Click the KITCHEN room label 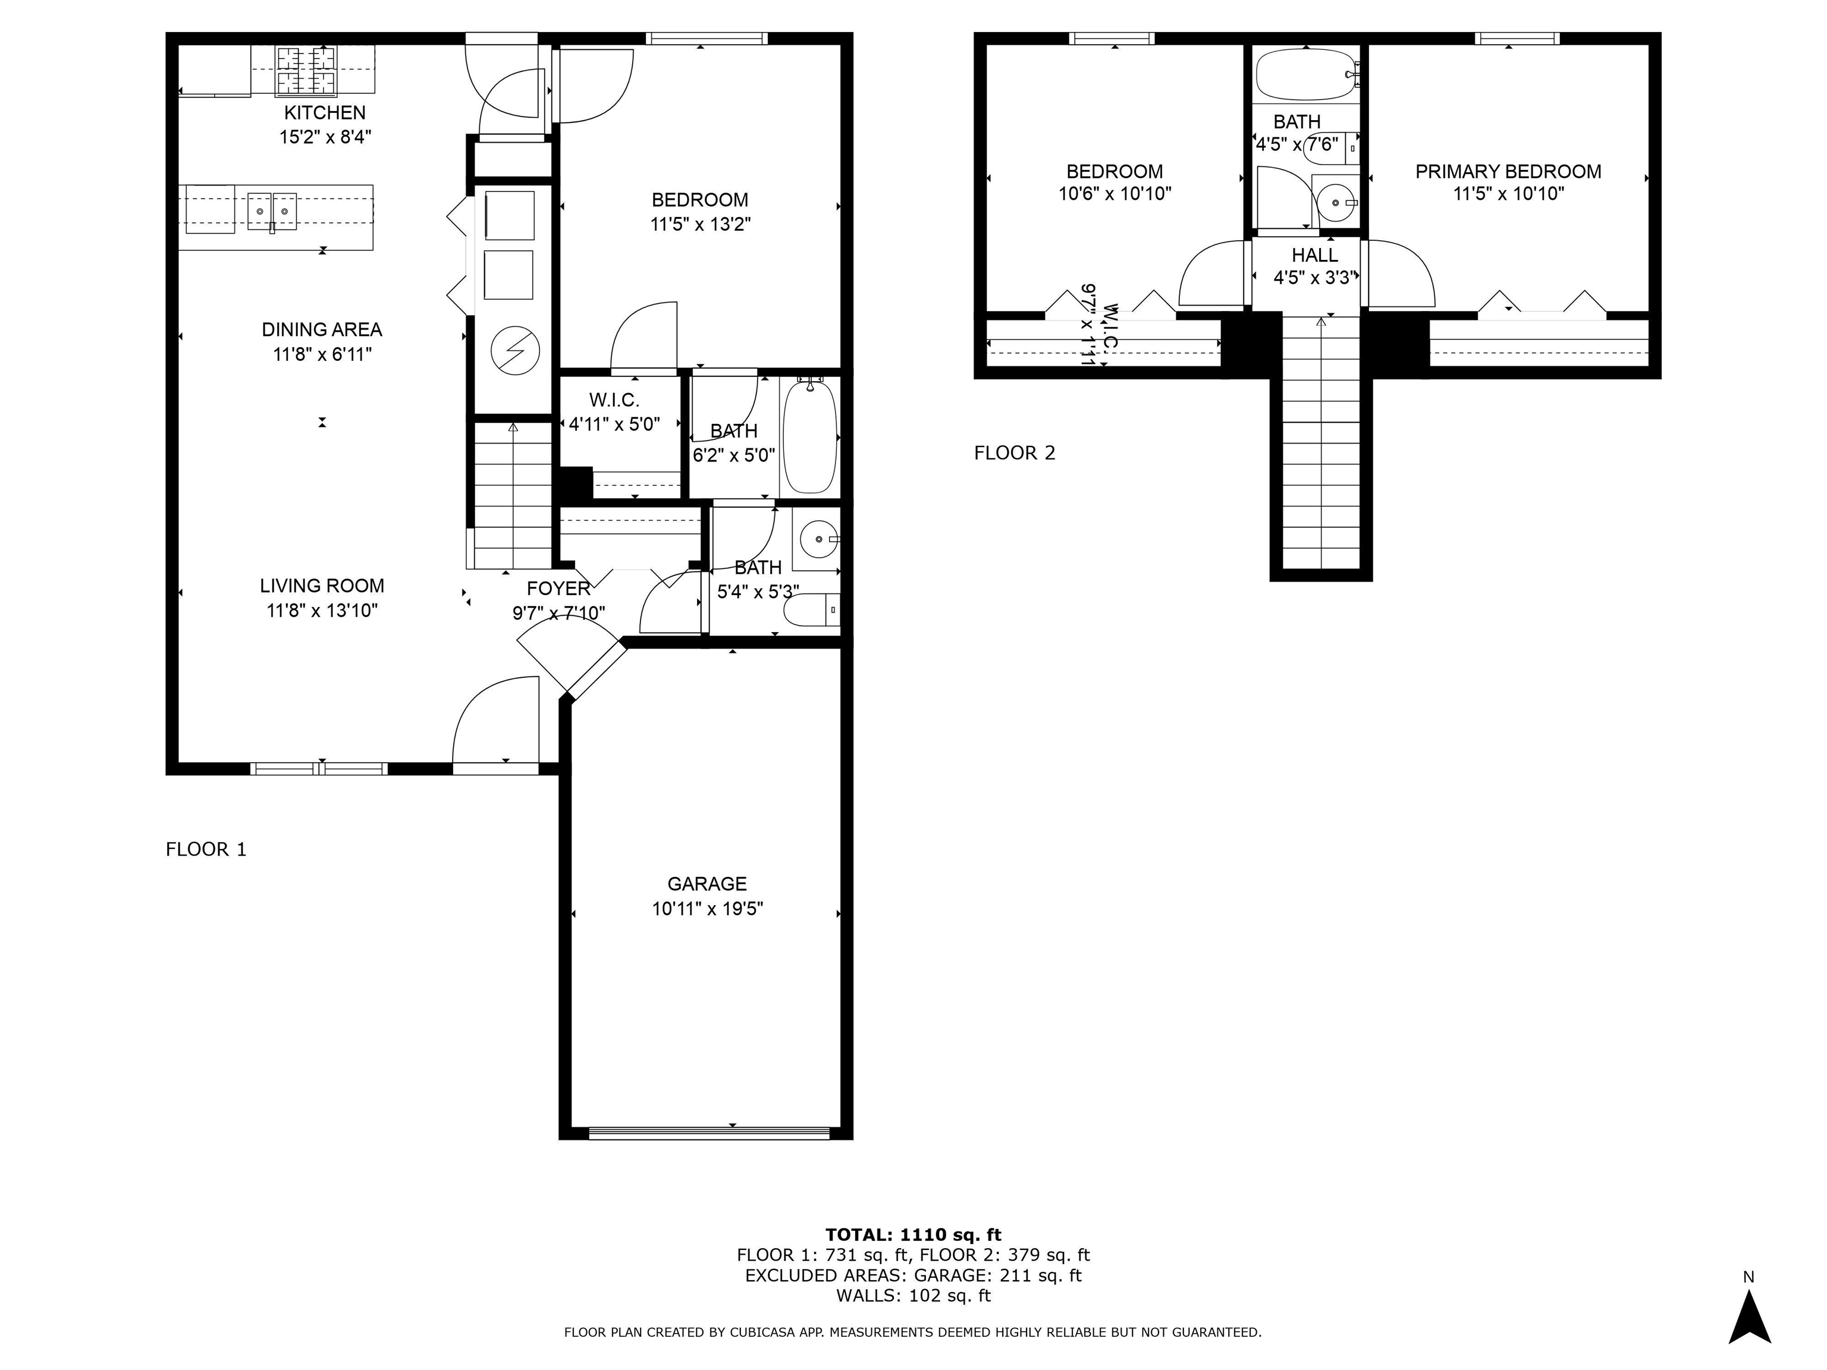[325, 112]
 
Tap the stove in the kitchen [306, 70]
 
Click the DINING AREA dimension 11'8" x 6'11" [322, 354]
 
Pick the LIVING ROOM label [322, 586]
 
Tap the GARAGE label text [707, 884]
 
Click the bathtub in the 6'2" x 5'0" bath [810, 436]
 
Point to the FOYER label [558, 588]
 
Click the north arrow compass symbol [1748, 1316]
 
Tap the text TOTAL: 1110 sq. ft [913, 1234]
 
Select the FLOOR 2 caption [1014, 453]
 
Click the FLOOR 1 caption [206, 849]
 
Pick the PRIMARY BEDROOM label [1508, 172]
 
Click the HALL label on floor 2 [1314, 255]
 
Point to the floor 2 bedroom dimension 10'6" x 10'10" [1114, 194]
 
